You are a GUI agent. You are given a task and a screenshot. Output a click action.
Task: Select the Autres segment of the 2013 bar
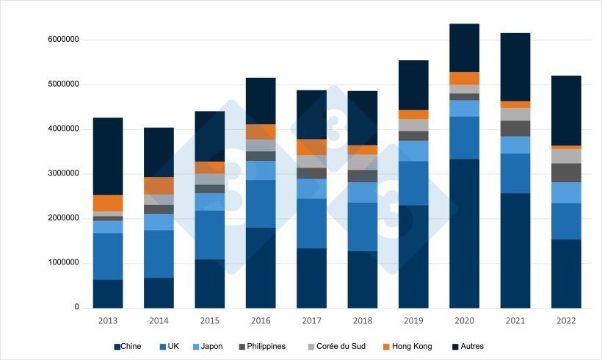108,156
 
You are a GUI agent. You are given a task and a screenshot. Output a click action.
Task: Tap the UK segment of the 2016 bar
261,204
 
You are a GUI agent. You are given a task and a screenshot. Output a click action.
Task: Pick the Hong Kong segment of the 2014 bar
159,186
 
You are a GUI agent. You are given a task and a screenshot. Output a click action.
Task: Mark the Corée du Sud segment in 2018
363,162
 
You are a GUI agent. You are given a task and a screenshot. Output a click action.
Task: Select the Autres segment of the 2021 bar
515,67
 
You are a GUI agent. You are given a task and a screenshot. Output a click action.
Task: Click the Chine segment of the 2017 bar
311,278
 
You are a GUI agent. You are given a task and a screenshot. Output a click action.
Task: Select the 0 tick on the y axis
76,307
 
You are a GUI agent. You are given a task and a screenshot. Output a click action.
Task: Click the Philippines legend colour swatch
242,346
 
